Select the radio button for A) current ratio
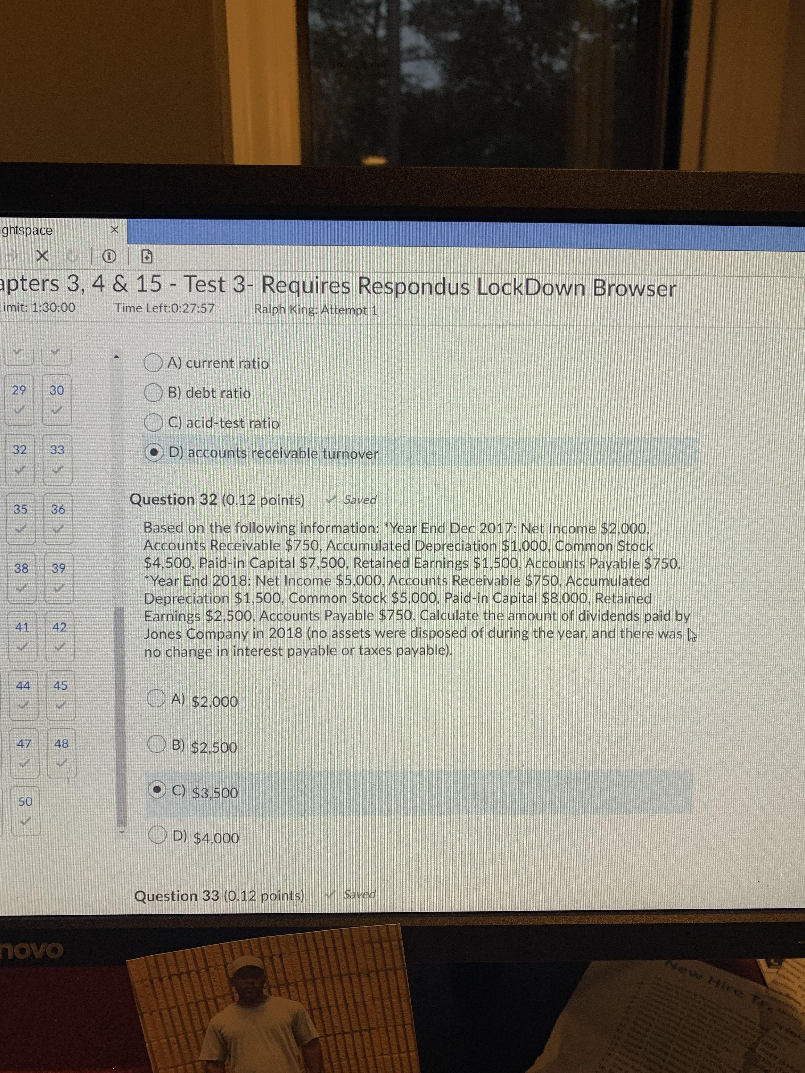(153, 363)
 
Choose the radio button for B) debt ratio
(153, 393)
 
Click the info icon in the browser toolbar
(109, 256)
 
